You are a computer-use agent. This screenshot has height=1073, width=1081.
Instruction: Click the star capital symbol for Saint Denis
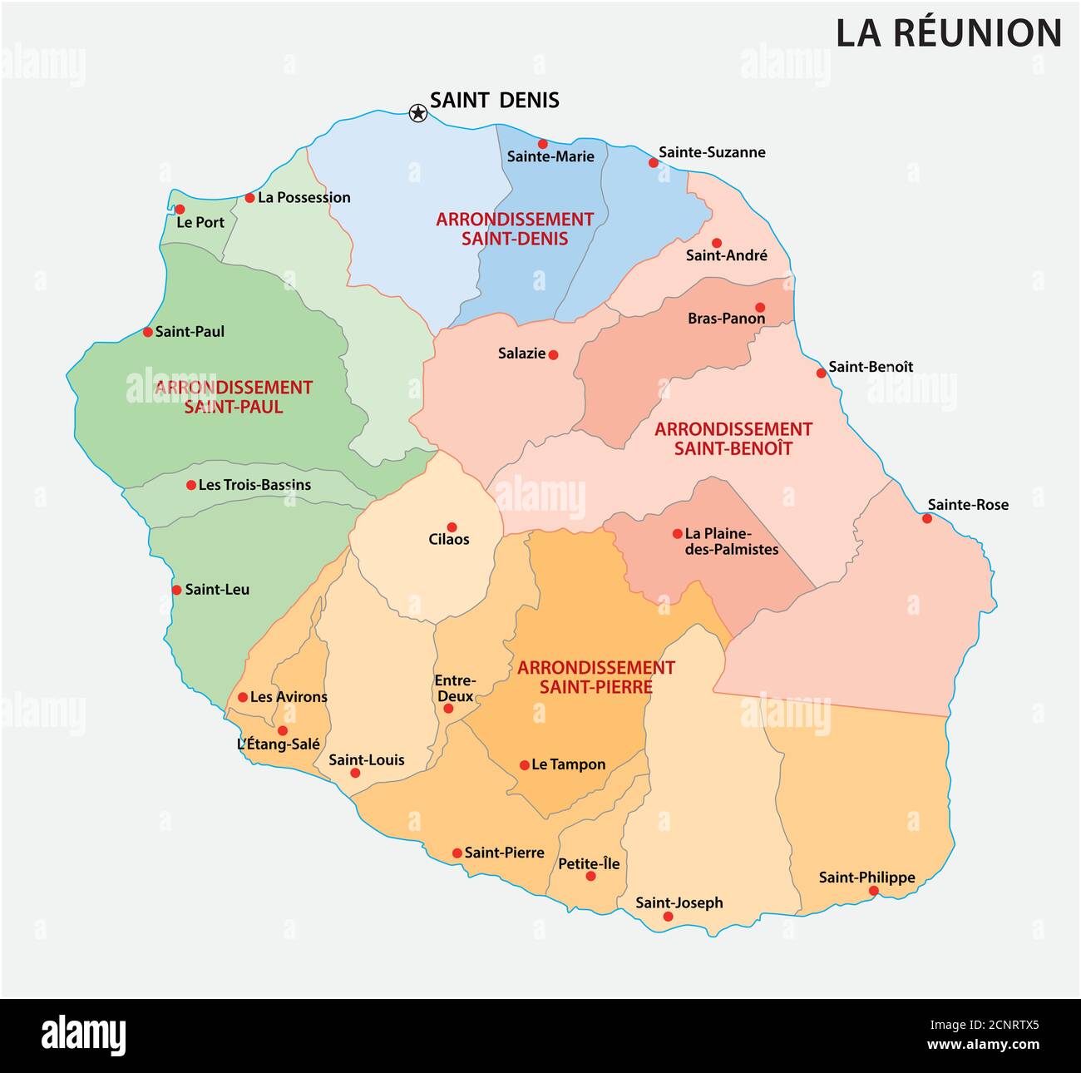coord(417,112)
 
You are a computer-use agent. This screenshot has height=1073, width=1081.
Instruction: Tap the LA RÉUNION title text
coord(949,34)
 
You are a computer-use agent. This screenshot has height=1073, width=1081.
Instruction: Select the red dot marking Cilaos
coord(452,527)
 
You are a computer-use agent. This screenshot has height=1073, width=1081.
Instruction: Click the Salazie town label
coord(521,354)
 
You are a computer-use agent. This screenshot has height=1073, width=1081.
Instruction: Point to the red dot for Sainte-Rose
coord(927,518)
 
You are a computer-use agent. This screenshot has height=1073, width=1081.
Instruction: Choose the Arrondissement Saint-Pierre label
coord(595,677)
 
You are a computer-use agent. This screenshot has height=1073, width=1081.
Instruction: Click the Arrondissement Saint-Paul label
coord(233,397)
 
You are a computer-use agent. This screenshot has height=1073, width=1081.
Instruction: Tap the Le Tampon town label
coord(568,764)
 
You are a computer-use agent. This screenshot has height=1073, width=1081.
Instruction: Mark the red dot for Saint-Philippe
coord(873,891)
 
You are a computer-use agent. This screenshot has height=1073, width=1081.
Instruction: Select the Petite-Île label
coord(589,863)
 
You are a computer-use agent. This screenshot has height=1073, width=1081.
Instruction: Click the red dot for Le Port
coord(180,209)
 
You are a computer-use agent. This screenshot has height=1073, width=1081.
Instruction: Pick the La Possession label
coord(304,198)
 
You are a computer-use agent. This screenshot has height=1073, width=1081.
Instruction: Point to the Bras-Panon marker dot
coord(759,307)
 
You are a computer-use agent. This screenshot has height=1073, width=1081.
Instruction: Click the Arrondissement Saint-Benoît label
coord(733,438)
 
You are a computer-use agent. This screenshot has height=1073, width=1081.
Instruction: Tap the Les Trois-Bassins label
coord(254,485)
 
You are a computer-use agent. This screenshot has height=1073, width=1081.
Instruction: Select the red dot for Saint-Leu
coord(176,590)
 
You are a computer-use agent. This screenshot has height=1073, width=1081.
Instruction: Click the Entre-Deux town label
coord(455,688)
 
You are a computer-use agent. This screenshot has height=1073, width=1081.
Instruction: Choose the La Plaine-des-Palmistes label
coord(731,541)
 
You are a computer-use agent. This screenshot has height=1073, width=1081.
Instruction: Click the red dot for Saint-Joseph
coord(668,917)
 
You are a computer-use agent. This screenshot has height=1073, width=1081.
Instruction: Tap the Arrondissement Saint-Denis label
coord(515,229)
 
